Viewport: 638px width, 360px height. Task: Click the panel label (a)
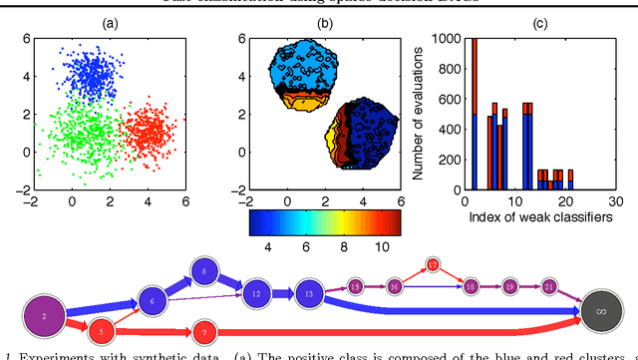coord(103,22)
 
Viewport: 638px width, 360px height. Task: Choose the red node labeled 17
coord(433,264)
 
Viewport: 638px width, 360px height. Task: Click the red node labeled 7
coord(203,330)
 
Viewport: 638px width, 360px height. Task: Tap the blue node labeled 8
coord(203,271)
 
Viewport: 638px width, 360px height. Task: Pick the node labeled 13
coord(309,294)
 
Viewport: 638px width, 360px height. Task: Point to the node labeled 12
coord(256,294)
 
